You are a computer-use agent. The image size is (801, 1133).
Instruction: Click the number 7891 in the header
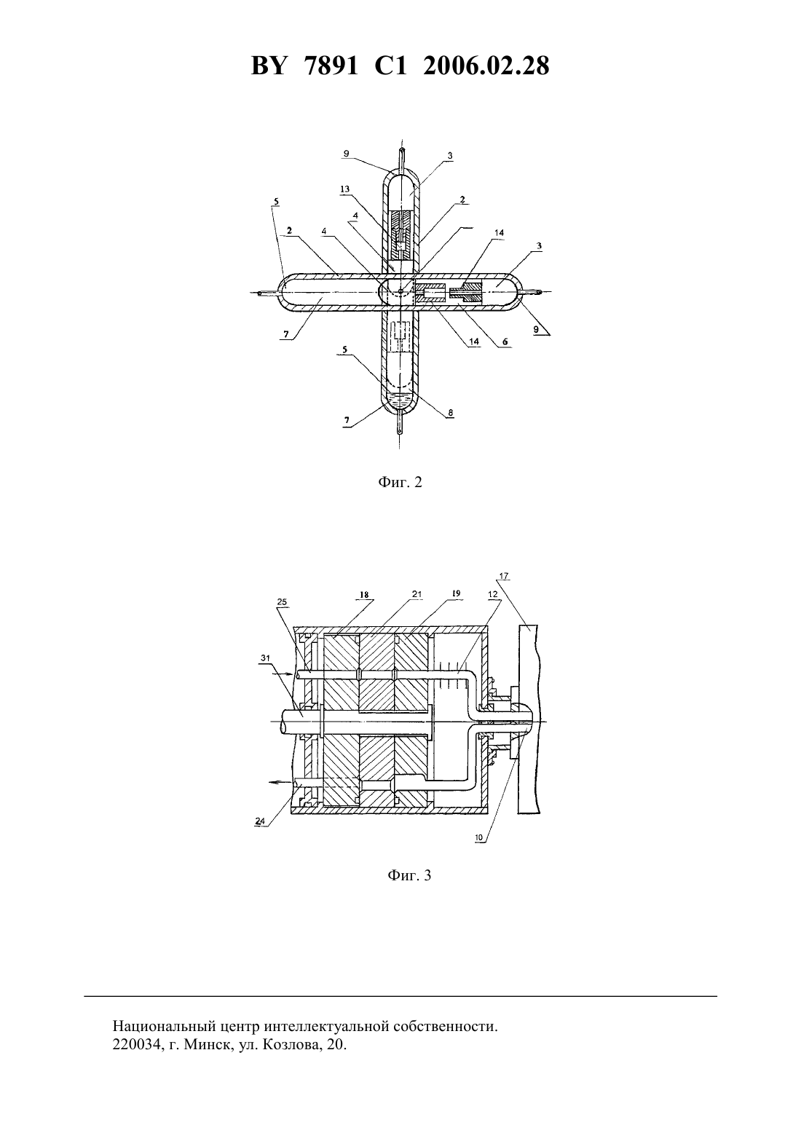click(x=332, y=66)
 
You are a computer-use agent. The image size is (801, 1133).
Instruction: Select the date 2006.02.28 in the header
click(x=486, y=66)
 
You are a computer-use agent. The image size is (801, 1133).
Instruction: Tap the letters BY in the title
click(x=269, y=66)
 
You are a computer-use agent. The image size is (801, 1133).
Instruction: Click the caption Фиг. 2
click(x=400, y=482)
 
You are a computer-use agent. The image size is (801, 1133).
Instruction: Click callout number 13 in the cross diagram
click(x=345, y=189)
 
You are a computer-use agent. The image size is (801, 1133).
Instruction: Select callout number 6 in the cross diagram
click(x=505, y=342)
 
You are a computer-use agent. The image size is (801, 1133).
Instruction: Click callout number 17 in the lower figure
click(x=504, y=576)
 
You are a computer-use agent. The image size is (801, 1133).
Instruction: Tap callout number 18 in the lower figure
click(x=365, y=595)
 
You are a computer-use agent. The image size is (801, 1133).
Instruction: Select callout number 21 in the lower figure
click(x=417, y=595)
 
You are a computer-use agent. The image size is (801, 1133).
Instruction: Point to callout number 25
click(x=282, y=602)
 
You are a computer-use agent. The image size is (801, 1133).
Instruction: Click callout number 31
click(x=266, y=658)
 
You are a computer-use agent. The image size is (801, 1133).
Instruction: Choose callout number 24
click(x=260, y=822)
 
